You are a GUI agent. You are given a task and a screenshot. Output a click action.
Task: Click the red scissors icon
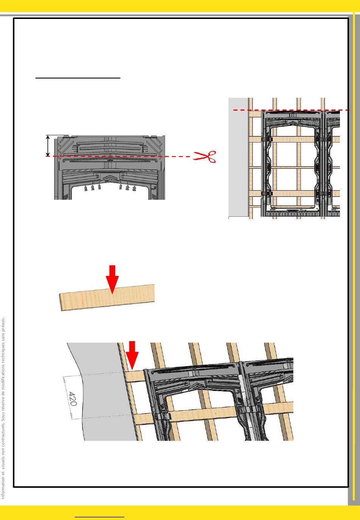pyautogui.click(x=205, y=157)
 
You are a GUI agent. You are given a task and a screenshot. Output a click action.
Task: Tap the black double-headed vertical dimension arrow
pyautogui.click(x=48, y=146)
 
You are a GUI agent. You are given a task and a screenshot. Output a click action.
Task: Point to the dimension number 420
pyautogui.click(x=73, y=399)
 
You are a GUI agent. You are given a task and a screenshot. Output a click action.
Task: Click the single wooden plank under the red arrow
pyautogui.click(x=107, y=298)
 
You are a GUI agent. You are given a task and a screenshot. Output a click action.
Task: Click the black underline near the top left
pyautogui.click(x=78, y=78)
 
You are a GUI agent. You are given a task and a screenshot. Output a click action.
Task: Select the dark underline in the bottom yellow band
pyautogui.click(x=99, y=517)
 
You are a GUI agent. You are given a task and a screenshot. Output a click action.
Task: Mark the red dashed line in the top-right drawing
pyautogui.click(x=291, y=110)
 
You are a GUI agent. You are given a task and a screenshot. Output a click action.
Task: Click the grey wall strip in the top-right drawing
pyautogui.click(x=238, y=157)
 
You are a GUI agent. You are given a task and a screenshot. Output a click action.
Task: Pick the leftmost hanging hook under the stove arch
pyautogui.click(x=86, y=188)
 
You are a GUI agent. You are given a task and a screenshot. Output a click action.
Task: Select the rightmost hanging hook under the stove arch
pyautogui.click(x=134, y=188)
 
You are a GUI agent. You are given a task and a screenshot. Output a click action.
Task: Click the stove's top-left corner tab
pyautogui.click(x=66, y=136)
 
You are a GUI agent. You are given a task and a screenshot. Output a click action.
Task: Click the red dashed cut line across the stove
pyautogui.click(x=118, y=157)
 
